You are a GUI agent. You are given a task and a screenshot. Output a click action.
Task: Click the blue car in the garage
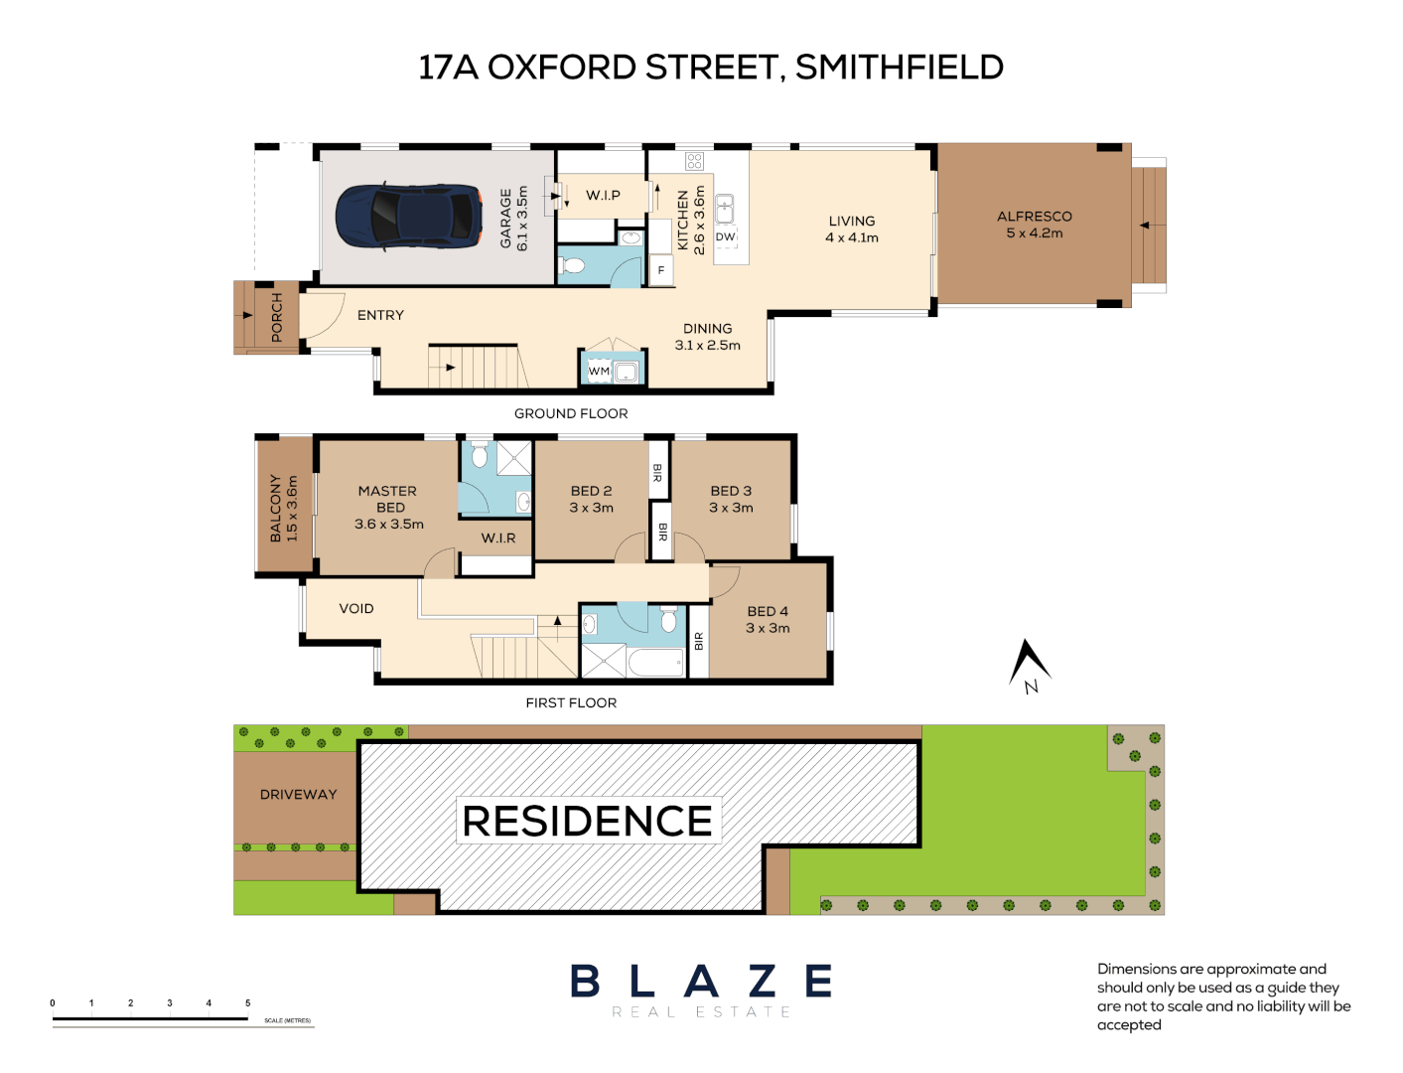408,215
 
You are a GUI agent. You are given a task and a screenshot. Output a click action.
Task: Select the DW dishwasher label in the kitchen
726,236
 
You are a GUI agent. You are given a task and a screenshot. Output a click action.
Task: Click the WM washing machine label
599,372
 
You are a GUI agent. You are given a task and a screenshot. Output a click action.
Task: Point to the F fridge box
661,270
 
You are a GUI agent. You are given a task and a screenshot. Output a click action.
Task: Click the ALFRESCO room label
1035,217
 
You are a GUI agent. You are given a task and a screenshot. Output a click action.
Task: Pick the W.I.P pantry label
603,196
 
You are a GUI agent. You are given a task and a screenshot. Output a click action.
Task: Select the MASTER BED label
388,499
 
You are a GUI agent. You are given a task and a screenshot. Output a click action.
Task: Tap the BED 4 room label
768,612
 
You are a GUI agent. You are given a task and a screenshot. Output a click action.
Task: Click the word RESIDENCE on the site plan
588,822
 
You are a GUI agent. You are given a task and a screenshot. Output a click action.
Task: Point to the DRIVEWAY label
298,795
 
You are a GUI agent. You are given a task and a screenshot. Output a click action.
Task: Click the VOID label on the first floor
356,609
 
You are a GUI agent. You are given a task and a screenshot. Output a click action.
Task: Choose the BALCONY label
276,508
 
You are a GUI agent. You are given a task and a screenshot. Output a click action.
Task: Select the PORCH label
277,317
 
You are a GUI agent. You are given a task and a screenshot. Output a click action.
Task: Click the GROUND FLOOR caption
571,414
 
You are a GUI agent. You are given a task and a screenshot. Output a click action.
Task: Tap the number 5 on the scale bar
248,1003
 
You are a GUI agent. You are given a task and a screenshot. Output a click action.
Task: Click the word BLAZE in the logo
701,982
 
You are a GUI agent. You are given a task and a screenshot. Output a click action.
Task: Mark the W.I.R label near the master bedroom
498,538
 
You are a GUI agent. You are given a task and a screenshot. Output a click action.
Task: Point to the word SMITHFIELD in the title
900,68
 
